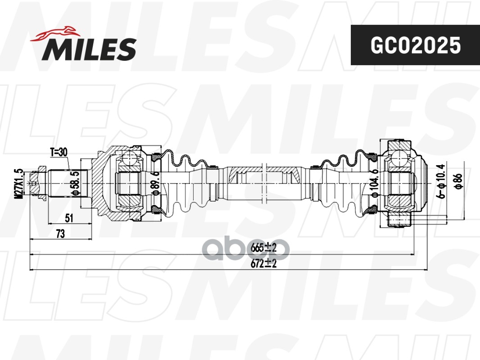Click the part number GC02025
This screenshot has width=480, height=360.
(415, 45)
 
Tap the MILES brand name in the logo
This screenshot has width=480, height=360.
(89, 49)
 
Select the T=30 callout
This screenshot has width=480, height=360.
(59, 152)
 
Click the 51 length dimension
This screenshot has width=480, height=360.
(69, 218)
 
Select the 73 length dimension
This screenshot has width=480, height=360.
(59, 234)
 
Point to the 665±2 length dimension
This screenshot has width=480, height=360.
(263, 248)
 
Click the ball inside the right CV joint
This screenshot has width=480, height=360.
(399, 158)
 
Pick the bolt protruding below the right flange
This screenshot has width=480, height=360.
(399, 220)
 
